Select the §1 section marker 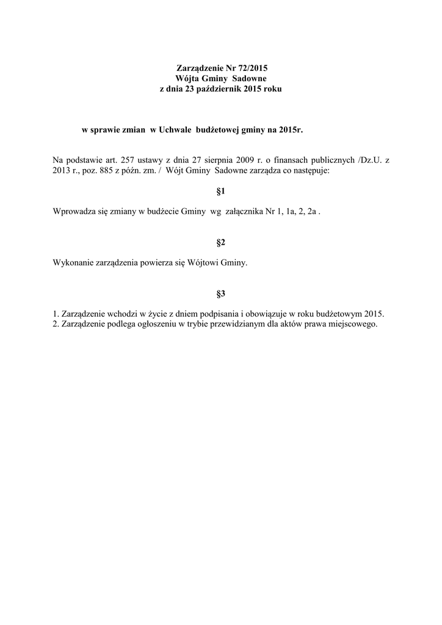click(x=221, y=192)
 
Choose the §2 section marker click(x=221, y=243)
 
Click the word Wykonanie click(x=73, y=263)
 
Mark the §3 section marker click(x=221, y=294)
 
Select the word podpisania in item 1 click(x=236, y=314)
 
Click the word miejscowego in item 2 click(x=353, y=324)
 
